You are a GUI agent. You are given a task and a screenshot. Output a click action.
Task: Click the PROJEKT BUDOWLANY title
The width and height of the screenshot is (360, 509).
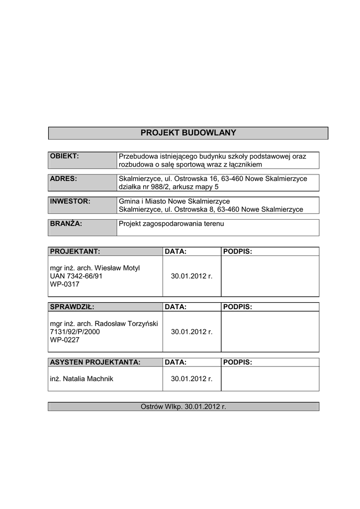(x=188, y=133)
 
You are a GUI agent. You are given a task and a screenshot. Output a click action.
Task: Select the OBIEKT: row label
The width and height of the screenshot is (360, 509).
(x=65, y=156)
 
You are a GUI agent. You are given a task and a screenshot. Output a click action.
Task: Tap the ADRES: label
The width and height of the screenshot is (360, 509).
(x=63, y=178)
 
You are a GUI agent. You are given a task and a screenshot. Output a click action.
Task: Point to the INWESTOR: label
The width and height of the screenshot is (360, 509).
(x=70, y=201)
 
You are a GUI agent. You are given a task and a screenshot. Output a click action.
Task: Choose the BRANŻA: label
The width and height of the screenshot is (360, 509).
(x=66, y=224)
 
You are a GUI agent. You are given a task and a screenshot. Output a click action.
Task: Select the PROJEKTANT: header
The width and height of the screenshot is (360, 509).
(x=75, y=252)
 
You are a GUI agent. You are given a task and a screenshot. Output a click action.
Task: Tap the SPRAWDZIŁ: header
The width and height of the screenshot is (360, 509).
(x=72, y=307)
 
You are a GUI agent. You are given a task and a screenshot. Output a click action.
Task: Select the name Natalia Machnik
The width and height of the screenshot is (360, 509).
(x=89, y=379)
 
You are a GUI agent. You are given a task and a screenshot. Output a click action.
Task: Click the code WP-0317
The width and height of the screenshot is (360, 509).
(x=65, y=285)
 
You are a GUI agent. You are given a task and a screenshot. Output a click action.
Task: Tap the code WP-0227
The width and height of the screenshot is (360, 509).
(x=65, y=340)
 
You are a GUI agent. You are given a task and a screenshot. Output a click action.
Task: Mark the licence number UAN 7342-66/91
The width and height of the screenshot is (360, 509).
(x=76, y=276)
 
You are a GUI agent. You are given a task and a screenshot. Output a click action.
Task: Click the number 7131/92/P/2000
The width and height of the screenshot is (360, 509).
(x=75, y=332)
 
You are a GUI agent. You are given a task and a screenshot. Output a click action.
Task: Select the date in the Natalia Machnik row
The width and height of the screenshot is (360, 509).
(x=191, y=379)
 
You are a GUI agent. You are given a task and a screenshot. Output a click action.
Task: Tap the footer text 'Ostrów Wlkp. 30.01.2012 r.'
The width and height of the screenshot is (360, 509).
(x=183, y=407)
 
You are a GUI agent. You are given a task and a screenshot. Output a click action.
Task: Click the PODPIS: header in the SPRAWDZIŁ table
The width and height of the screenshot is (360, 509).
(x=238, y=307)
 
